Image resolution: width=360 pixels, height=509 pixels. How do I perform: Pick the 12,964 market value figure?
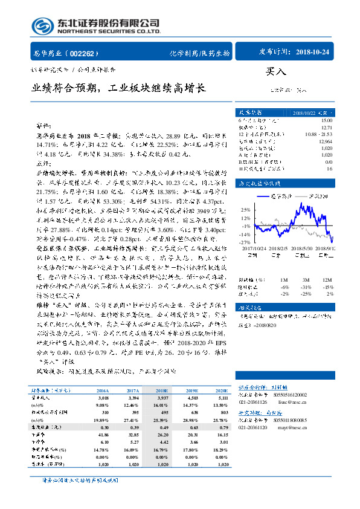click(325, 140)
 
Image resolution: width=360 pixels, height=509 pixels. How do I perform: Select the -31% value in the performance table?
click(306, 287)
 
